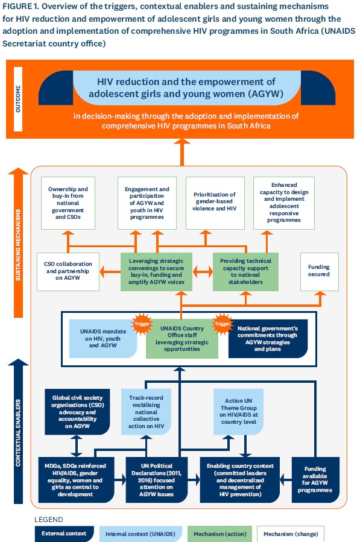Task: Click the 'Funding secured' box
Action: click(319, 272)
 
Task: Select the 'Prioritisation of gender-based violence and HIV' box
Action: click(215, 203)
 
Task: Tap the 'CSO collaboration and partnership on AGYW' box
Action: click(68, 272)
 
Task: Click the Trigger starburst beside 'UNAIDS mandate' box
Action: click(142, 324)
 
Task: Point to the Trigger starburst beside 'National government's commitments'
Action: click(223, 324)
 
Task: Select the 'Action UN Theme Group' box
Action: click(239, 412)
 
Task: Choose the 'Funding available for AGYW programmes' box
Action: click(315, 480)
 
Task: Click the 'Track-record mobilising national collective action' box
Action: click(147, 412)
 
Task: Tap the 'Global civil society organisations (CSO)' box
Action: click(77, 412)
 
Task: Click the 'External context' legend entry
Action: click(64, 534)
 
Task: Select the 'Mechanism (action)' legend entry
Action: click(220, 534)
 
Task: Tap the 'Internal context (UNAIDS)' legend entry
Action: click(141, 534)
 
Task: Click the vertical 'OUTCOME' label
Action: click(18, 99)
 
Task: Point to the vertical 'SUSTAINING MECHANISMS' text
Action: click(18, 245)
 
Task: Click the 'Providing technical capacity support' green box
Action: click(245, 271)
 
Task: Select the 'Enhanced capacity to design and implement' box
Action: click(284, 203)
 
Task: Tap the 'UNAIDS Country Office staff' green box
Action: click(182, 339)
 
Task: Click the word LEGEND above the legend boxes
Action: click(49, 520)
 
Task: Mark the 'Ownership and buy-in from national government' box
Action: click(68, 203)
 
